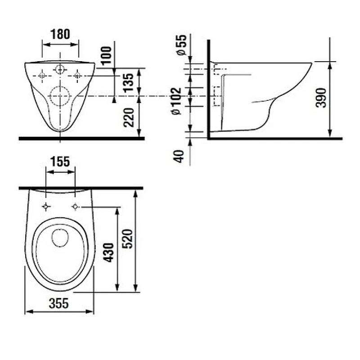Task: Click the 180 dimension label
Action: point(60,34)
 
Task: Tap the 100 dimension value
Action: point(106,56)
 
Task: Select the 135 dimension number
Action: point(128,83)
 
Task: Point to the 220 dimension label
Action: point(128,117)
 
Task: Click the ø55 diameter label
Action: point(181,45)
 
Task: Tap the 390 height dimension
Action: point(321,98)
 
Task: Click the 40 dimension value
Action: point(179,156)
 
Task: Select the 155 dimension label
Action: point(60,162)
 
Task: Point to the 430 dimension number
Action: point(108,252)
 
